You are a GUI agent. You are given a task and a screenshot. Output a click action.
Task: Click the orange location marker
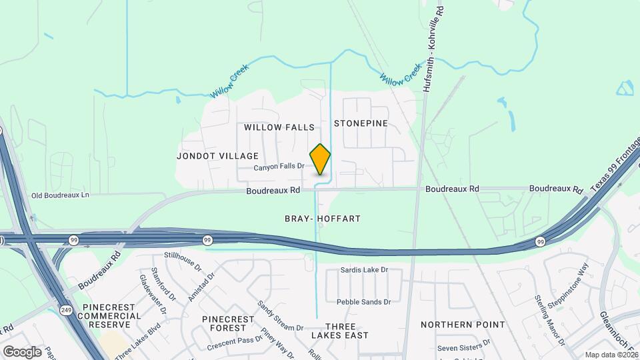point(321,160)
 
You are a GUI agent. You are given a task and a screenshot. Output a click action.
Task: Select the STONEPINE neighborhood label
point(361,123)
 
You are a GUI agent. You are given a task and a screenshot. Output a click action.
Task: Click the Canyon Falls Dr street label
point(279,167)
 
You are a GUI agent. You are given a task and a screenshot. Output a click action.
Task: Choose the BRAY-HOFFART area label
point(322,219)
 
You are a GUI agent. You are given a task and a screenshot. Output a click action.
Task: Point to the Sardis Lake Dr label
point(364,270)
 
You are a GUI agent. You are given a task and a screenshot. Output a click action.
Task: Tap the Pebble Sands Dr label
point(364,302)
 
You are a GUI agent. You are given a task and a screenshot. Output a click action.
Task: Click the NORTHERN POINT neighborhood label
point(463,325)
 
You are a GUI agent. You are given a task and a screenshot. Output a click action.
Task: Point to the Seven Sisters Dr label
point(464,348)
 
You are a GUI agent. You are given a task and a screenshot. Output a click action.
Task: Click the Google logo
point(22,351)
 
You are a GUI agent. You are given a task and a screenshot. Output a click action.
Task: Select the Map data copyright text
point(611,355)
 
